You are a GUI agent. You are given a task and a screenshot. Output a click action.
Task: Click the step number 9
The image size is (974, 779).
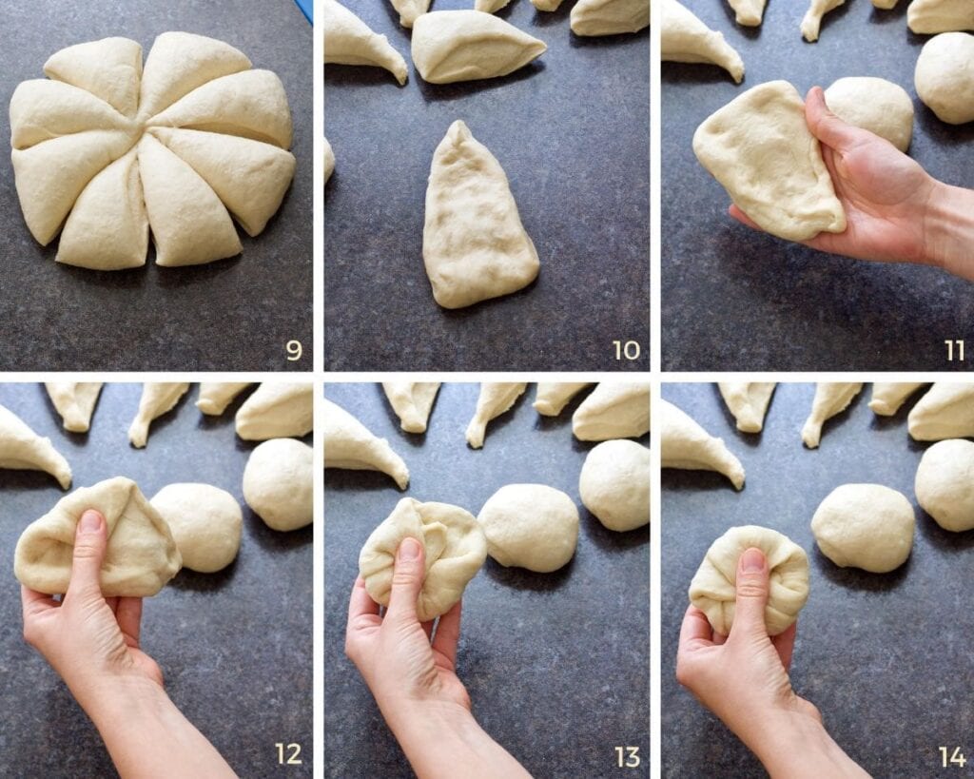point(294,351)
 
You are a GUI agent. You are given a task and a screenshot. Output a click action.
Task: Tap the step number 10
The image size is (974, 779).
point(626,351)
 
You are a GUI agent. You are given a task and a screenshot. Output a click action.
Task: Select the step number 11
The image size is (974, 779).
point(954,351)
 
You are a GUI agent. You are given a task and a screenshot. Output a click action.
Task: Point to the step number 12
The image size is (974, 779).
point(288,754)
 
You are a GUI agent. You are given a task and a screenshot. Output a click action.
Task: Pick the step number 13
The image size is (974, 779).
point(627,756)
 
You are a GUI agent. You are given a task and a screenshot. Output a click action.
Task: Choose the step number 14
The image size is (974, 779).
point(952,756)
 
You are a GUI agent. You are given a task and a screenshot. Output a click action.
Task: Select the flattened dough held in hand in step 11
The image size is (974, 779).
point(766,162)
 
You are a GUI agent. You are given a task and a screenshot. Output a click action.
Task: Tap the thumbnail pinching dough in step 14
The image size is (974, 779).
point(752,560)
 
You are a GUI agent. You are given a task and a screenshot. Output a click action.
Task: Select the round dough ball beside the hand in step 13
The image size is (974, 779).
point(528,527)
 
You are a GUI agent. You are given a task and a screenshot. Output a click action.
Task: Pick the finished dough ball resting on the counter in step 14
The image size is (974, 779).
point(862,527)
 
